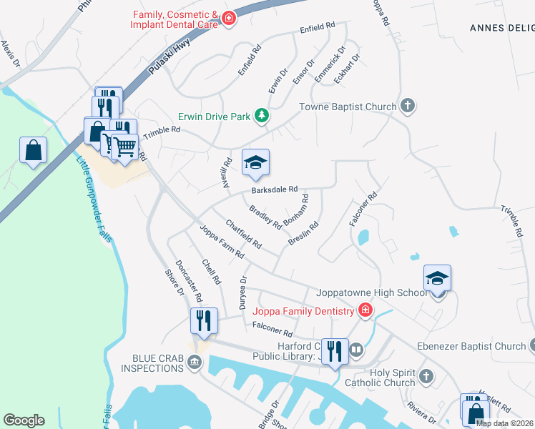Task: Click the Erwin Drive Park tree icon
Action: point(262,115)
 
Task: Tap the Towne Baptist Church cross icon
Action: point(408,107)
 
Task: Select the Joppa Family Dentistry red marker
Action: point(365,310)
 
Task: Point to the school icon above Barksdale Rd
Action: point(255,162)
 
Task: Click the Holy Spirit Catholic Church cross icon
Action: point(426,376)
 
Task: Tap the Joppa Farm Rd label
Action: point(222,241)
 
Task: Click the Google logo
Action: point(24,420)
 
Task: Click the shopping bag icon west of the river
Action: point(34,150)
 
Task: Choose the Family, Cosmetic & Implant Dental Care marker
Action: point(229,18)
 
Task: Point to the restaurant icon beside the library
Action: point(334,351)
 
